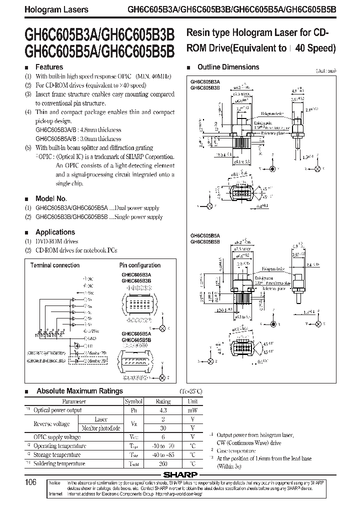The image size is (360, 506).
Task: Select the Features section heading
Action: (49, 67)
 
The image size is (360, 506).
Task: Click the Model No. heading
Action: (51, 198)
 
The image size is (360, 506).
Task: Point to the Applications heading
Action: (55, 232)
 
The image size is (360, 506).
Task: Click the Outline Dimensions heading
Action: (228, 67)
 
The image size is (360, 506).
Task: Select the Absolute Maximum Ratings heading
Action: (79, 391)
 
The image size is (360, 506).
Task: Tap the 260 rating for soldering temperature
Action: (163, 463)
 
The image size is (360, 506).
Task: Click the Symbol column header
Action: (133, 401)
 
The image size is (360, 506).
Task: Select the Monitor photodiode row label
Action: (101, 428)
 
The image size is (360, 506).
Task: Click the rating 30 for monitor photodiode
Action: (163, 428)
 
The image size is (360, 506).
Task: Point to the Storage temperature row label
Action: (56, 454)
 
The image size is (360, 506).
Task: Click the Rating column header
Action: (163, 401)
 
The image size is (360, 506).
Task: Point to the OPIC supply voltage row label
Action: (56, 437)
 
